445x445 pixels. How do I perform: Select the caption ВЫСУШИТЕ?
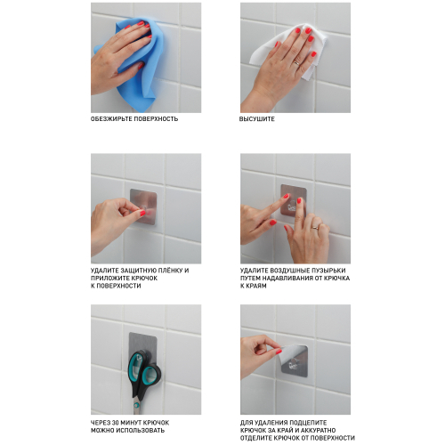point(257,119)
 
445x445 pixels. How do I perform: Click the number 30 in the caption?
point(115,423)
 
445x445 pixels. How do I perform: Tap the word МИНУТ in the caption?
point(131,423)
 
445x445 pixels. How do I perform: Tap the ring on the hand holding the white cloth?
point(296,63)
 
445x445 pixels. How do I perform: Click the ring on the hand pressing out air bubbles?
point(315,228)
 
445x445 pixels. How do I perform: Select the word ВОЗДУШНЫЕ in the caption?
point(289,271)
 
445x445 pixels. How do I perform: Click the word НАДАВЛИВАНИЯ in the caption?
point(288,279)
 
